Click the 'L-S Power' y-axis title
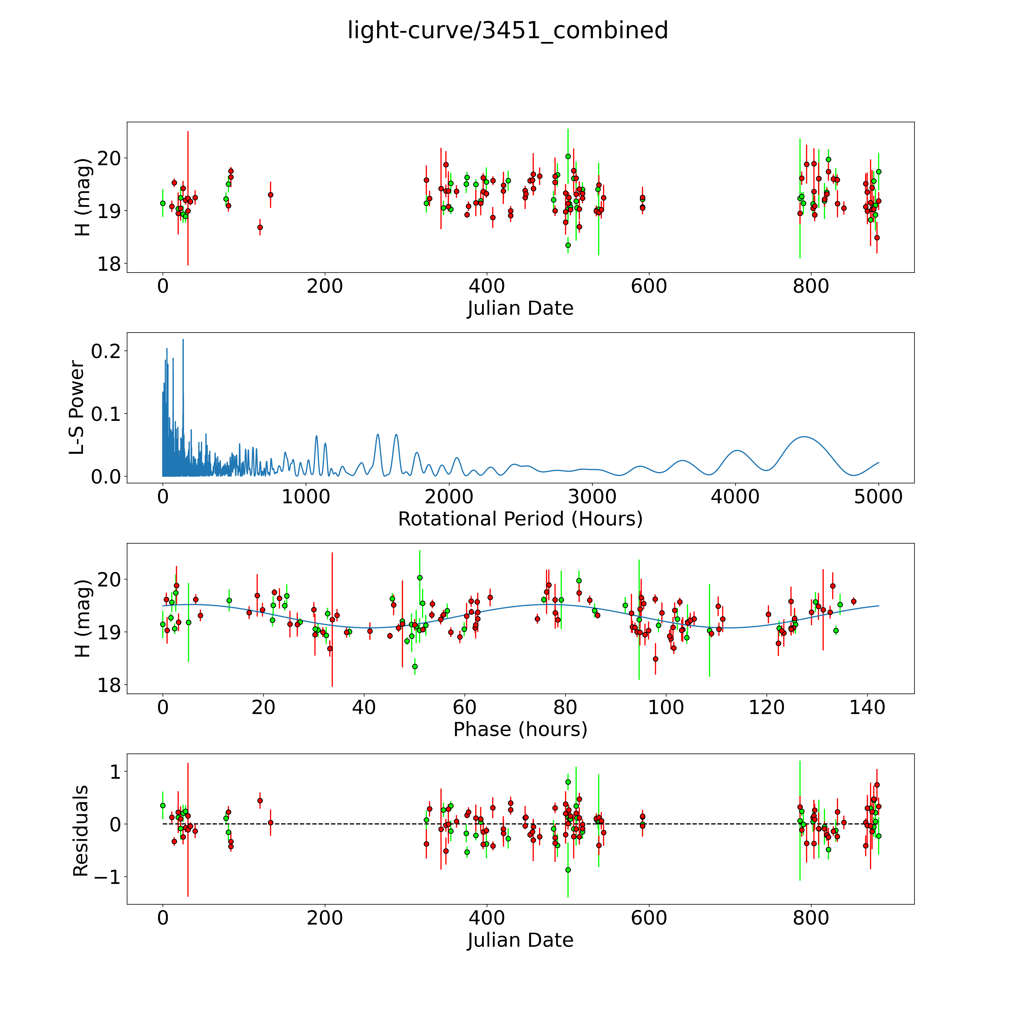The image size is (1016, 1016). coord(77,408)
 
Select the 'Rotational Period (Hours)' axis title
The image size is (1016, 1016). coord(520,519)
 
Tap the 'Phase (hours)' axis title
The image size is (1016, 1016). coord(520,729)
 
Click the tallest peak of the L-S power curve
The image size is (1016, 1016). coord(183,340)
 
